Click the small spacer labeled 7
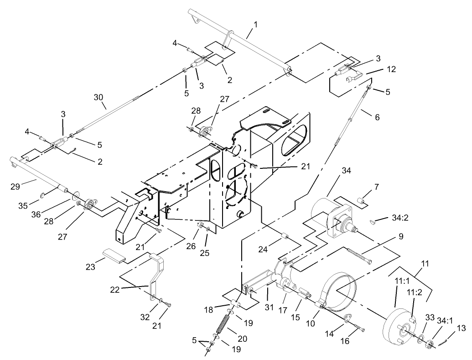point(361,200)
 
